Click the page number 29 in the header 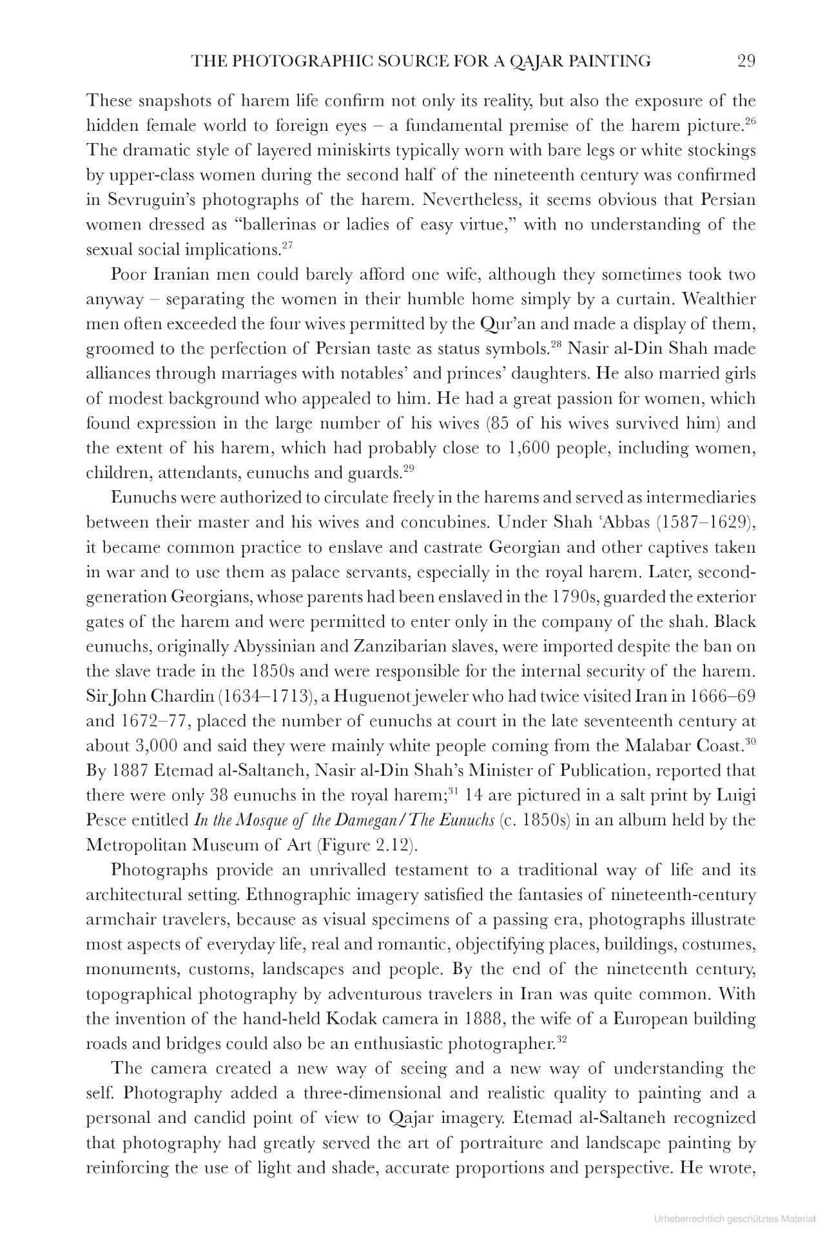coord(746,61)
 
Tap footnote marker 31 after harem coord(453,791)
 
